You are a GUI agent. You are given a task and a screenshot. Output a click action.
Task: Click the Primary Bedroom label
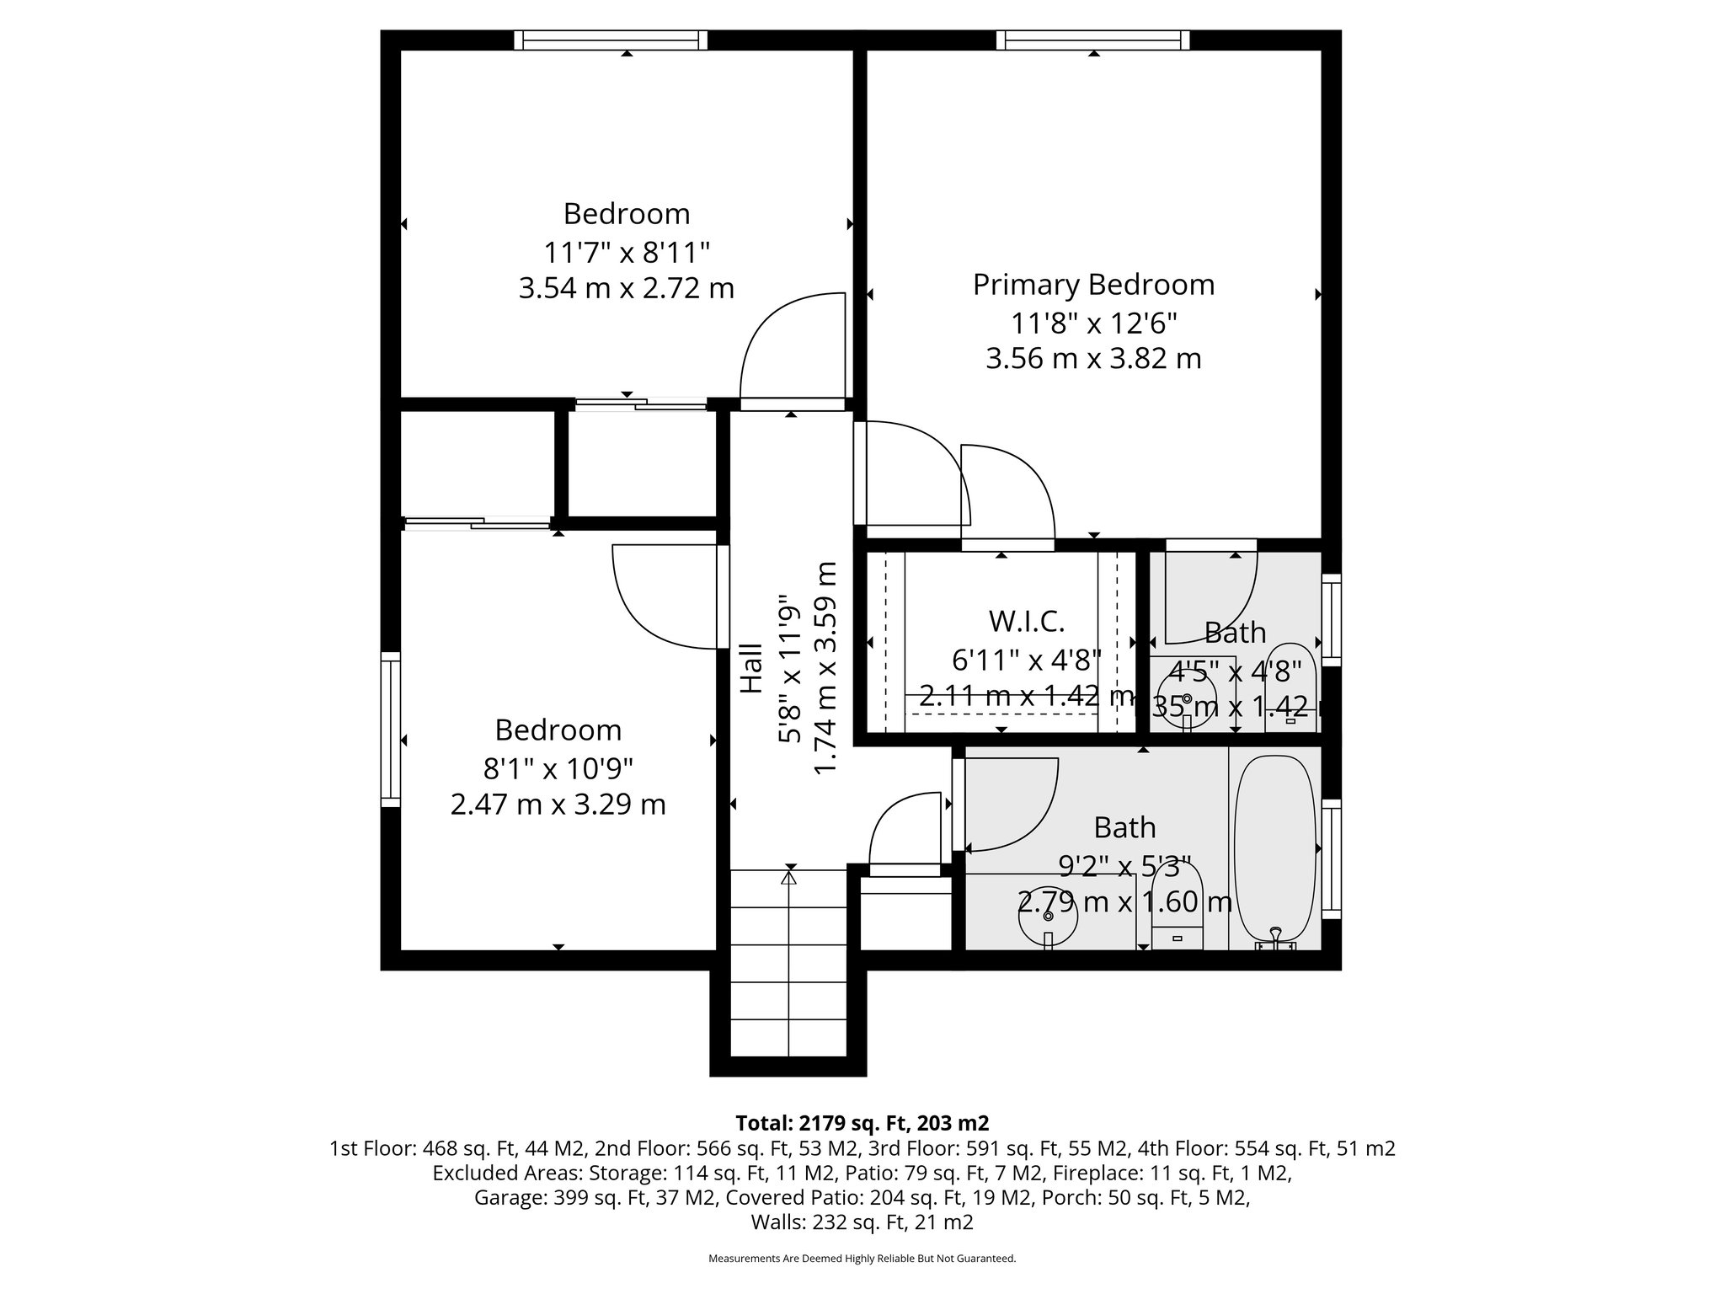1093,285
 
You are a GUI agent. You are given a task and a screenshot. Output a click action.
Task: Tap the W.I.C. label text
1026,622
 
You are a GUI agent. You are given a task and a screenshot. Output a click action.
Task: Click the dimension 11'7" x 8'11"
627,252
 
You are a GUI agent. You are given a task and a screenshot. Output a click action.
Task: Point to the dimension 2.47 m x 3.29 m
558,805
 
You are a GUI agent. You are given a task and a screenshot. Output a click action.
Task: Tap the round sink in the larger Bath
1048,917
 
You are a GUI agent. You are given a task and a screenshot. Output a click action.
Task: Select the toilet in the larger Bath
1177,910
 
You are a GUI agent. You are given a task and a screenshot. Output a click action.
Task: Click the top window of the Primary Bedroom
1093,40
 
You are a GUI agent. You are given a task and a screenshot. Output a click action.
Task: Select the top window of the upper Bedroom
611,40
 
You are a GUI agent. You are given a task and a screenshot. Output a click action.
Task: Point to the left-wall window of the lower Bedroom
390,729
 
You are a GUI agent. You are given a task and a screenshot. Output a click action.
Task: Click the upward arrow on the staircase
789,879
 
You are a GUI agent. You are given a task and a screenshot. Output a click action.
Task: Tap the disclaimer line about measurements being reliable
862,1259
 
